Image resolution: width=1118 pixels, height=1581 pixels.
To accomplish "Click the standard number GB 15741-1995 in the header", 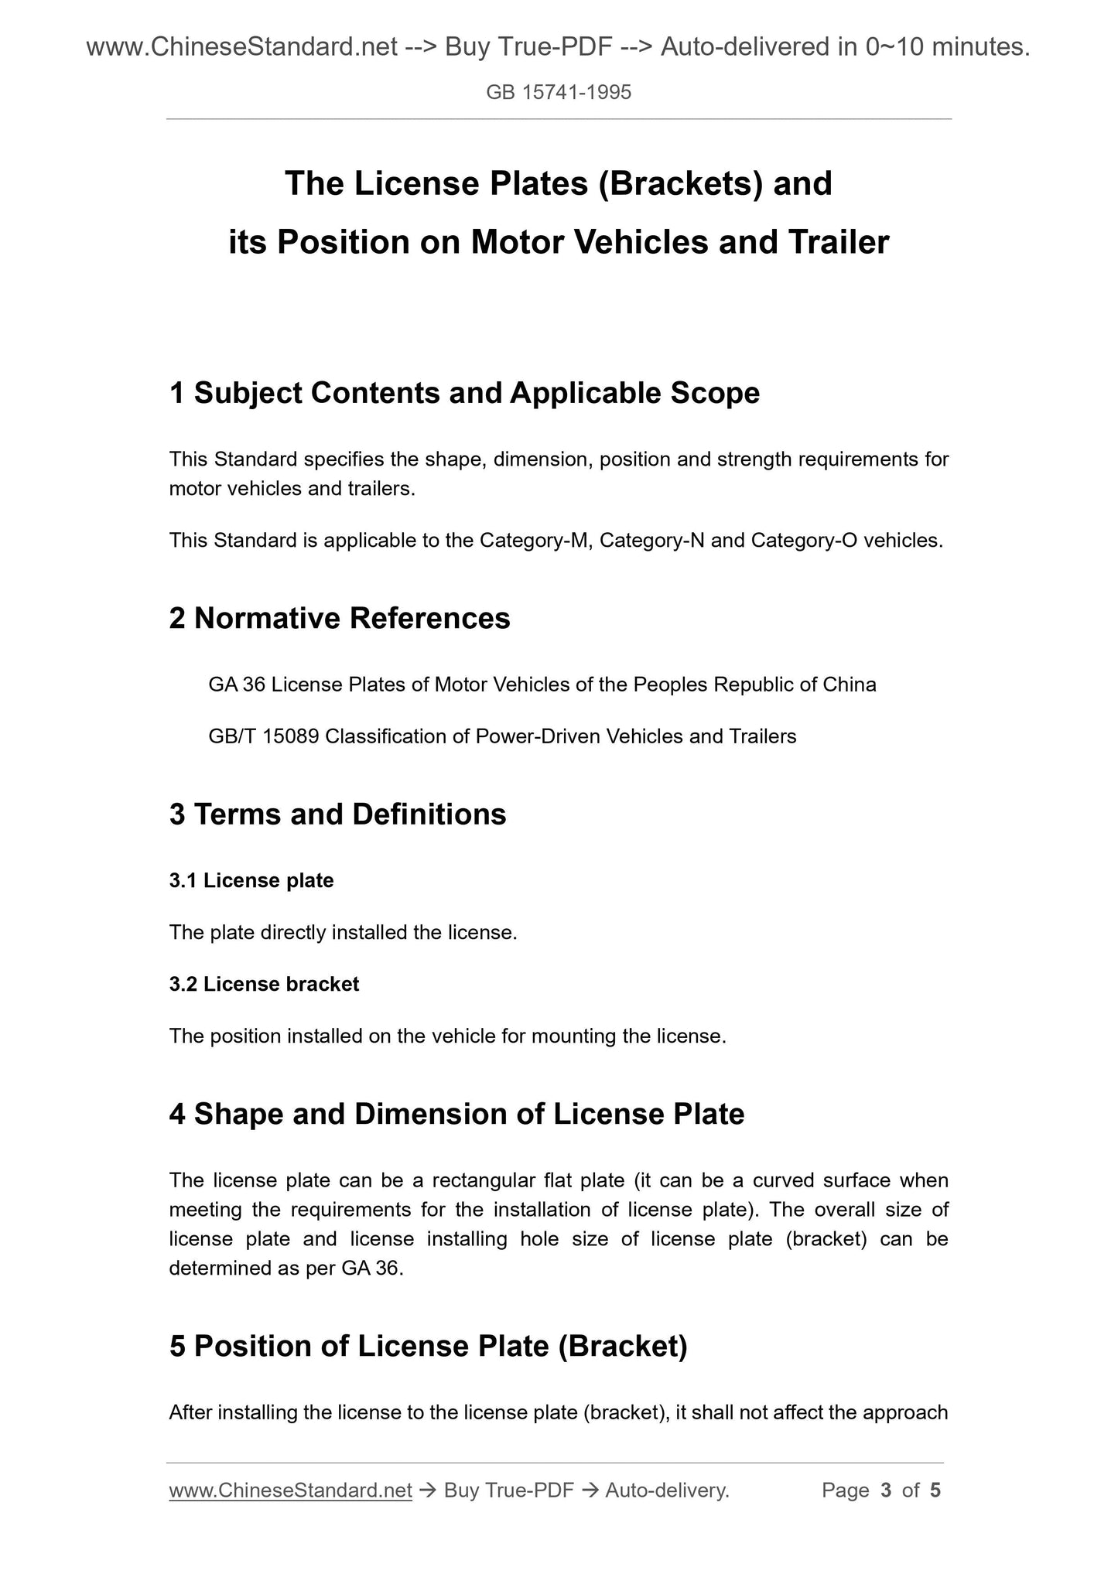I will [559, 93].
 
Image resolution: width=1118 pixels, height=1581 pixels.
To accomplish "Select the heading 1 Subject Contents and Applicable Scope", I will [464, 393].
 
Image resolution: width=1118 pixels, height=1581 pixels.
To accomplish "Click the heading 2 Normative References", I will [340, 618].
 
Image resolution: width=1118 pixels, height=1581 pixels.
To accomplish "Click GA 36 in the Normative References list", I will [236, 685].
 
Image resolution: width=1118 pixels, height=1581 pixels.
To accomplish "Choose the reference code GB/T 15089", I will [263, 736].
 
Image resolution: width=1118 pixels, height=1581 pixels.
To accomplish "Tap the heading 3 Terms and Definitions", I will [337, 814].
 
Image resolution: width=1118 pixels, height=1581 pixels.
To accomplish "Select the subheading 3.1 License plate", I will [251, 881].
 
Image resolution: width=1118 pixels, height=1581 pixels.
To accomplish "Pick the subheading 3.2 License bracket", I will [264, 985].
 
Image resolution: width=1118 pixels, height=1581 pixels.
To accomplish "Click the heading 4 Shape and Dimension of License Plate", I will [456, 1114].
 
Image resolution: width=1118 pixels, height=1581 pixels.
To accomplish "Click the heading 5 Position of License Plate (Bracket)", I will [428, 1347].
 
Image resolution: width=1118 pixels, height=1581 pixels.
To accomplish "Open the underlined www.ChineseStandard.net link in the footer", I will [290, 1491].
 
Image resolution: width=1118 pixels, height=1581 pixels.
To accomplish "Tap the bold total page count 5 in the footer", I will [935, 1491].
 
